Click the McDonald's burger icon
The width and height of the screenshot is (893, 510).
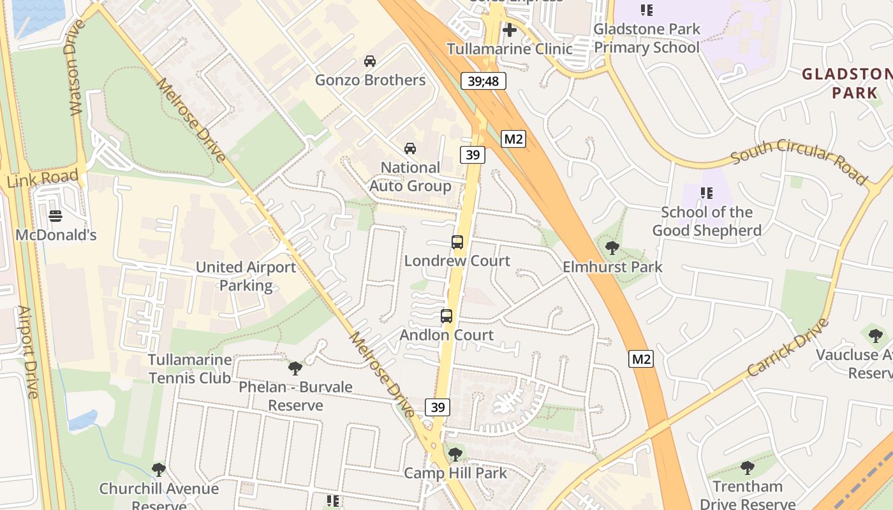tap(55, 215)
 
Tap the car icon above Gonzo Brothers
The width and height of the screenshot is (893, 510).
tap(370, 61)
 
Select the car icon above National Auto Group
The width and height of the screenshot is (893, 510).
tap(410, 149)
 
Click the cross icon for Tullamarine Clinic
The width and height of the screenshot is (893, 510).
tap(509, 30)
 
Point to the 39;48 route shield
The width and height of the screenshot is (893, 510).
tap(483, 81)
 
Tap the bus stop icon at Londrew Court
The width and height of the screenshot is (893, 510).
tap(457, 242)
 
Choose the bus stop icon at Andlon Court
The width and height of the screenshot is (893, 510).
tap(447, 316)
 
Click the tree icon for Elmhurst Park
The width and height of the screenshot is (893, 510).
tap(612, 248)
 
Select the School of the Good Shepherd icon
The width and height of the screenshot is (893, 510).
tap(706, 193)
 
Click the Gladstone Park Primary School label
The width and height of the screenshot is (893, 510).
tap(646, 38)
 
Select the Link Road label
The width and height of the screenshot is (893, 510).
tap(43, 178)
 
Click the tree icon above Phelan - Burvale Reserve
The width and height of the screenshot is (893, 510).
tap(295, 368)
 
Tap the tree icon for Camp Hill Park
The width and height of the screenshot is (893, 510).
tap(455, 455)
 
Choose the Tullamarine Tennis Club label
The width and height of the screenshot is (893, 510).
tap(189, 369)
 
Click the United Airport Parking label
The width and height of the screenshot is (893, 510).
tap(246, 276)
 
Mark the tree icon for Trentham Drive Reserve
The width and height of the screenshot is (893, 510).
tap(747, 469)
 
